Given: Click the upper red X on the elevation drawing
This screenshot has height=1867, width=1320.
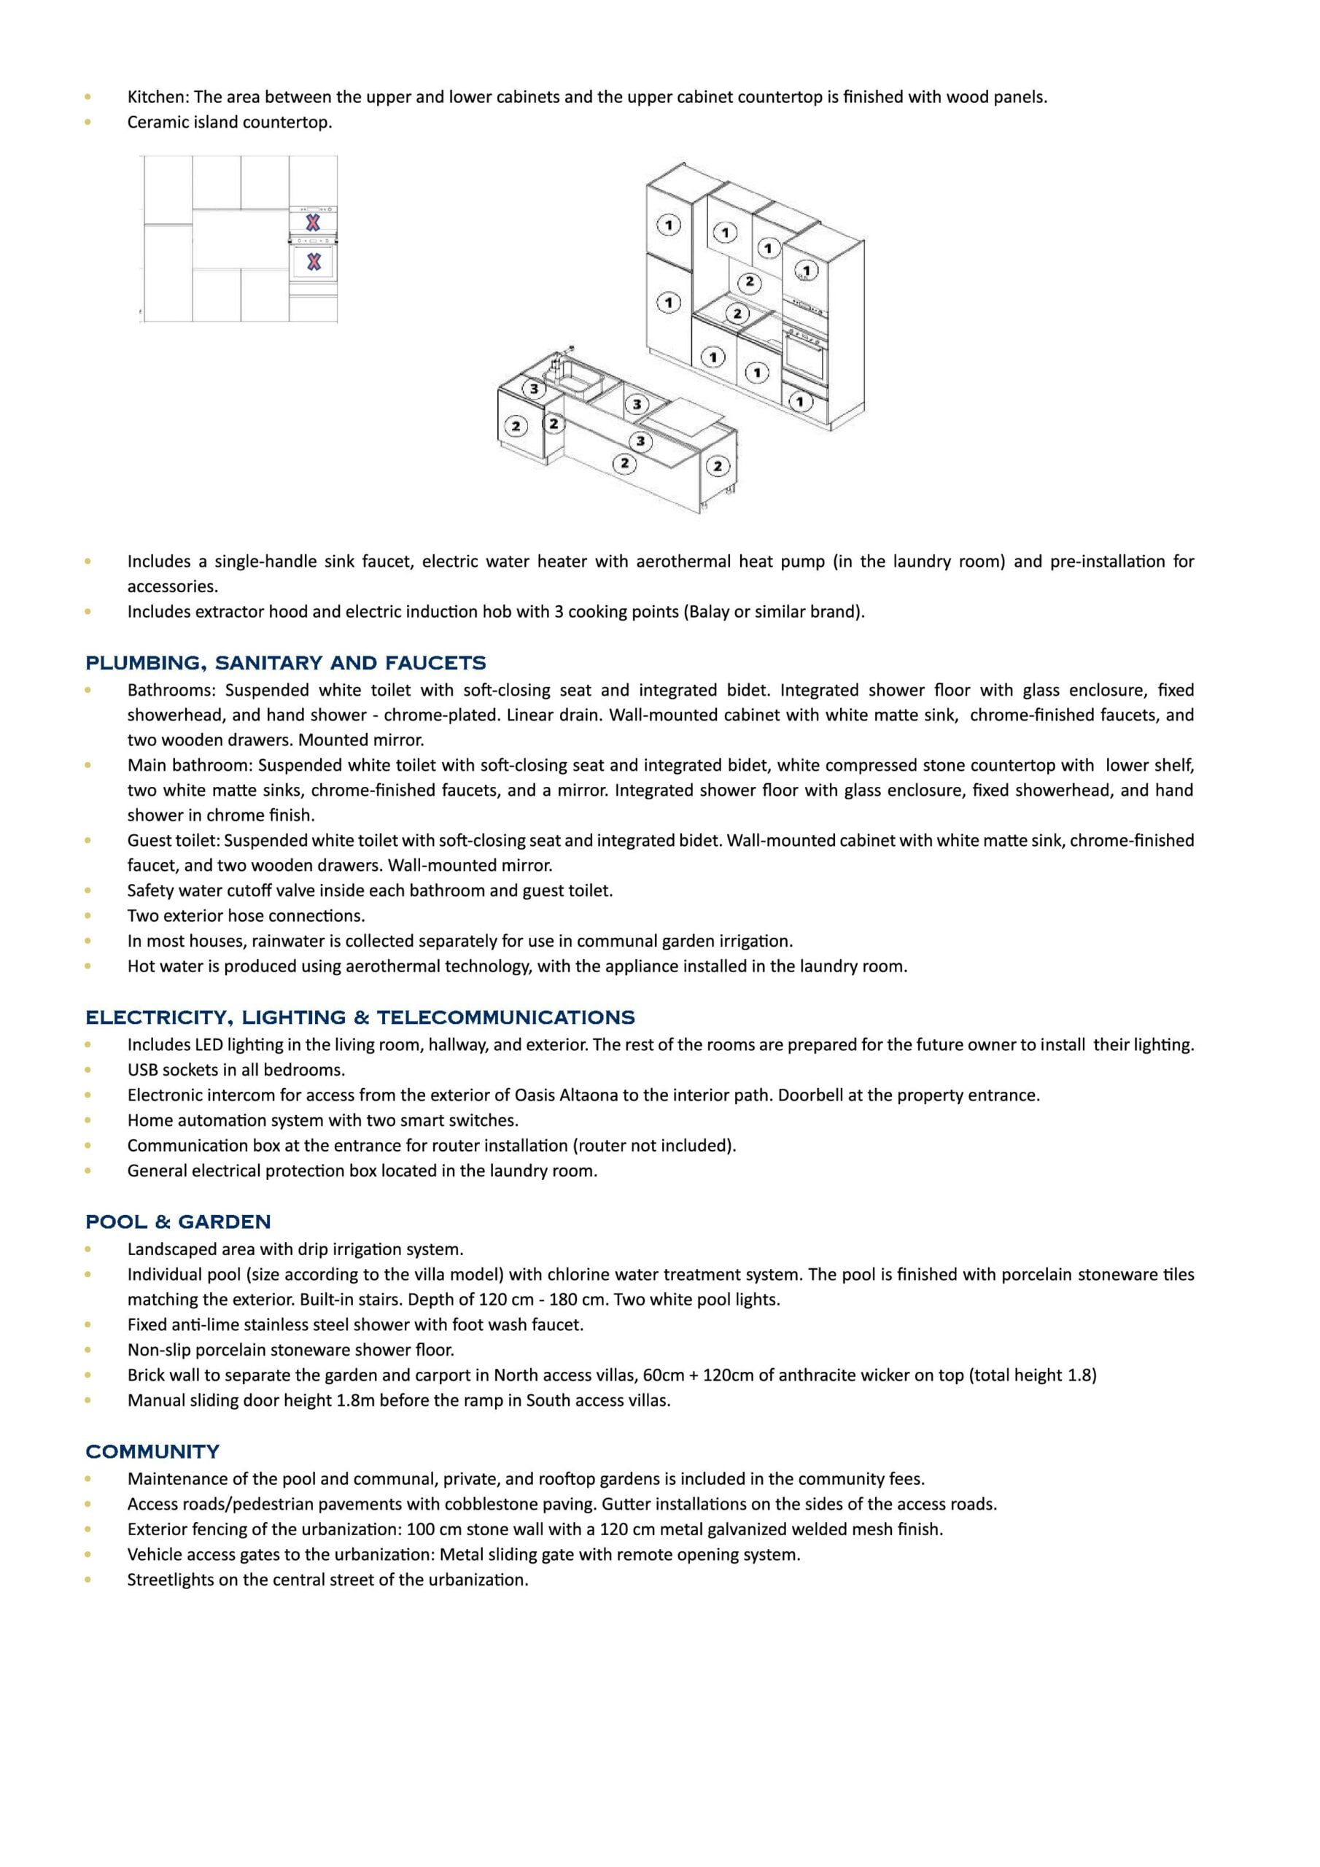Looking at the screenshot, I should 312,222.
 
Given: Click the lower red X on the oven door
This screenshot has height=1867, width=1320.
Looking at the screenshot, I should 313,262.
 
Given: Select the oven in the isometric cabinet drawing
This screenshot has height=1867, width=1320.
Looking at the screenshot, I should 805,351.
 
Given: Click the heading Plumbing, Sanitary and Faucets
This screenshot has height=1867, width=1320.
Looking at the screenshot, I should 285,663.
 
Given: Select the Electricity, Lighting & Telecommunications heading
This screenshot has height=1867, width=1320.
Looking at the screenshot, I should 360,1017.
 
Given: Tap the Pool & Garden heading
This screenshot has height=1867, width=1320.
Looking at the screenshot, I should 178,1222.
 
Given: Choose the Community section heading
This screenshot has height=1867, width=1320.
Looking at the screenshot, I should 152,1451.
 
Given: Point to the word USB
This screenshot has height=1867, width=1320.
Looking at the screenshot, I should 143,1070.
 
